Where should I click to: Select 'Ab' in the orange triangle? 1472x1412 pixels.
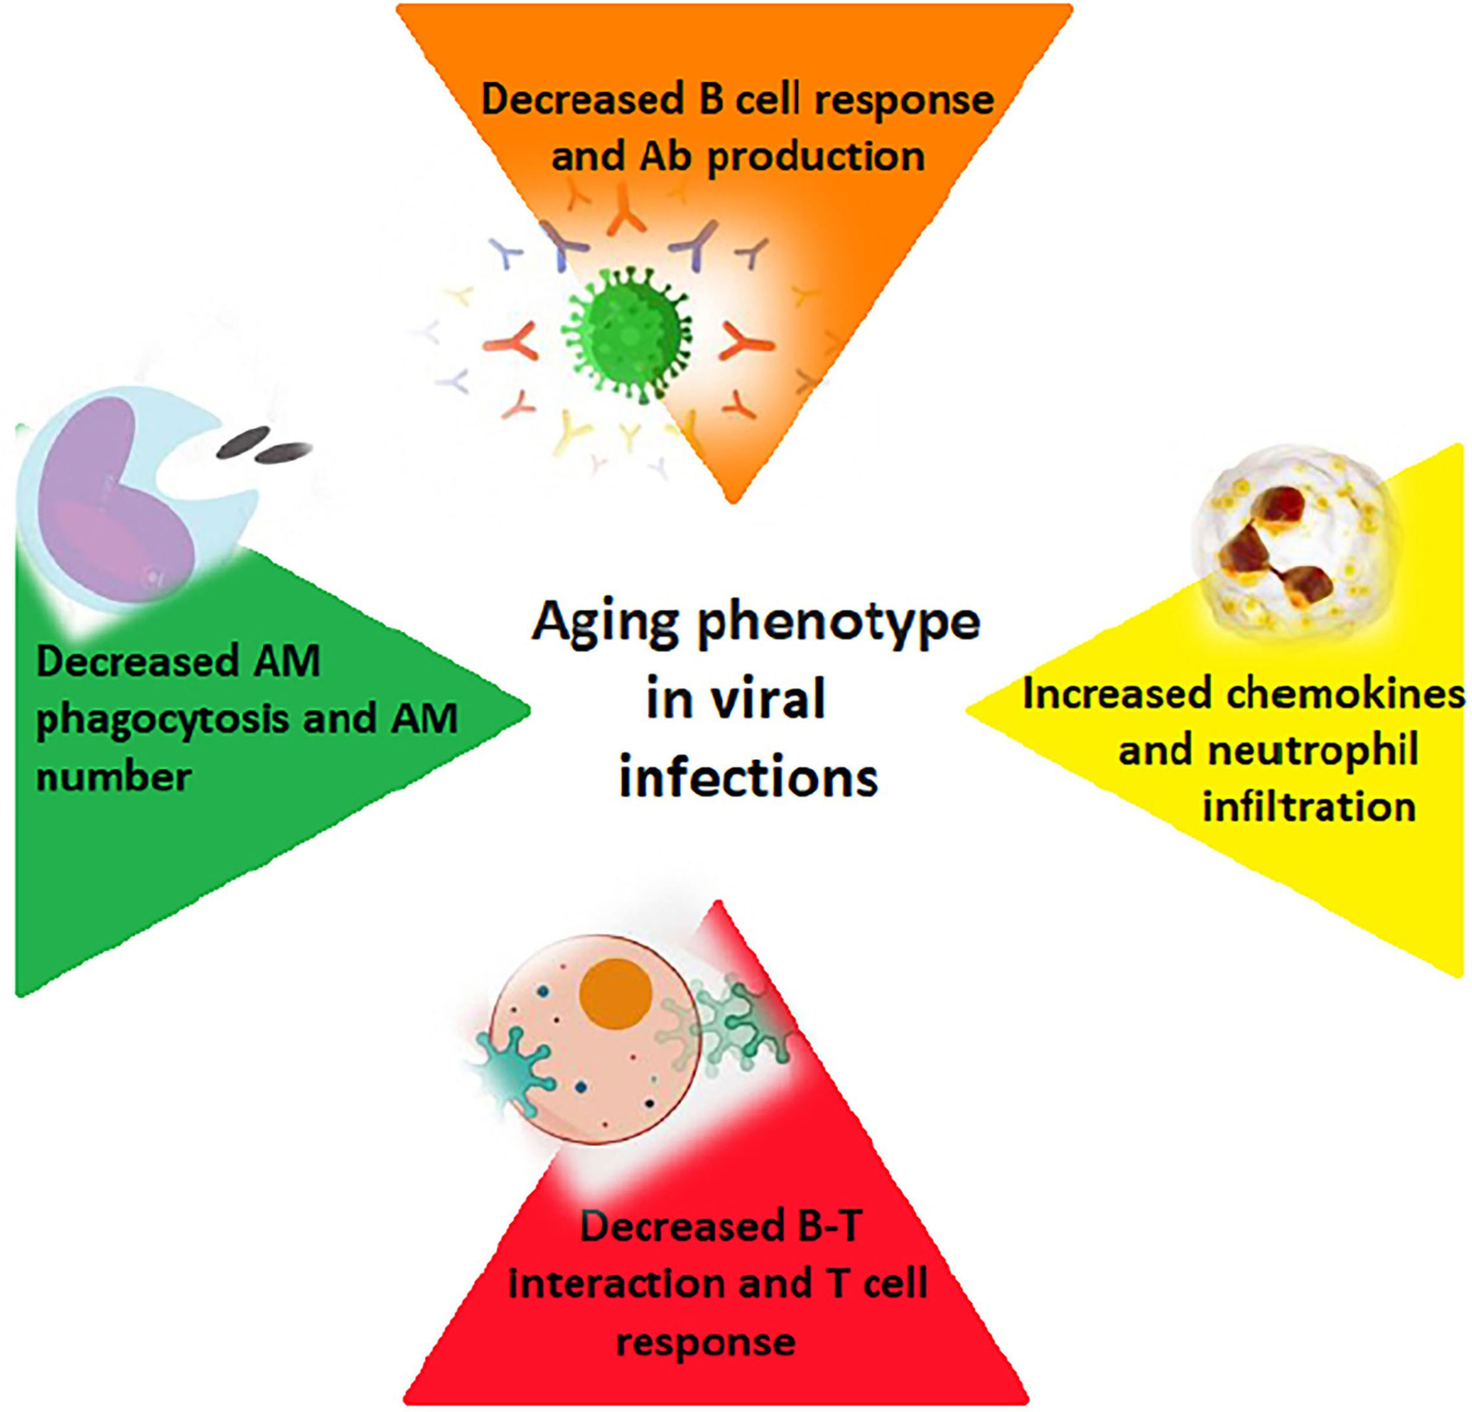coord(661,156)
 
